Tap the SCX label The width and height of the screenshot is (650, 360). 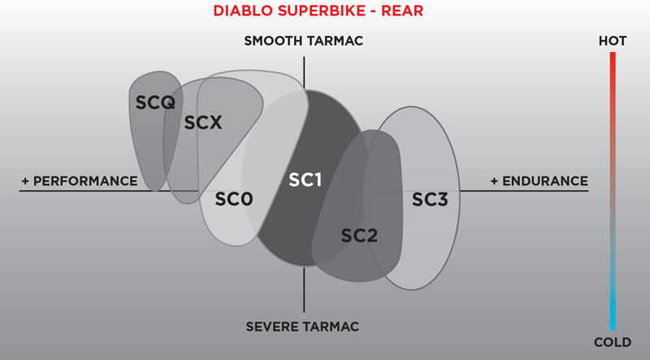point(203,124)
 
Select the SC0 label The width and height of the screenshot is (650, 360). point(235,198)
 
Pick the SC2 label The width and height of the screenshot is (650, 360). point(359,236)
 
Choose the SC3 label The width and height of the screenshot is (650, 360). point(430,198)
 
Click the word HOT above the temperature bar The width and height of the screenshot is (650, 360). point(613,41)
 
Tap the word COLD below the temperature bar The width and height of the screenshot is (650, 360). point(613,341)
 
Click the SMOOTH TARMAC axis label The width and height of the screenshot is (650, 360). point(303,41)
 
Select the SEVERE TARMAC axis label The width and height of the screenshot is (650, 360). point(303,327)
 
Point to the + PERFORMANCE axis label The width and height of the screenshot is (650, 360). point(80,180)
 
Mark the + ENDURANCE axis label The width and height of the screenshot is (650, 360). point(539,180)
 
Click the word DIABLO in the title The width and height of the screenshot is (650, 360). point(240,11)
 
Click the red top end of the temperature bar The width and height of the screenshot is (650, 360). point(613,57)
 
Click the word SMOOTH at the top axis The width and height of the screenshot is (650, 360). point(275,41)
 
